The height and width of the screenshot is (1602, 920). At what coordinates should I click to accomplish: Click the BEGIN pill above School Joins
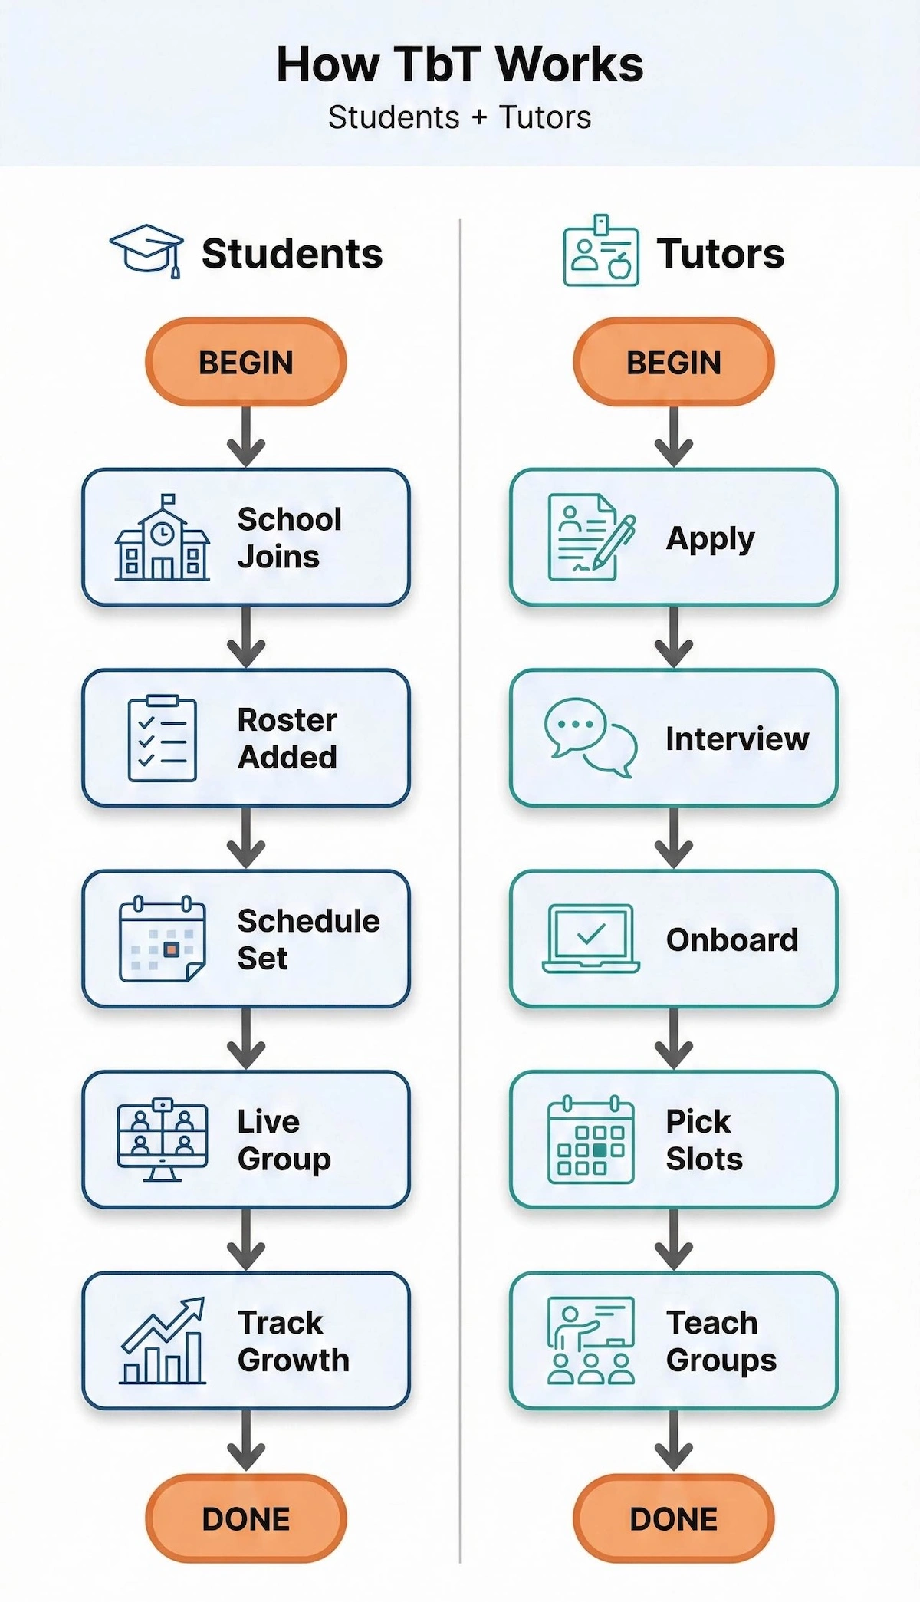point(246,362)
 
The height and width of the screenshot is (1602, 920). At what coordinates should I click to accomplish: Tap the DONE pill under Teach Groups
point(674,1518)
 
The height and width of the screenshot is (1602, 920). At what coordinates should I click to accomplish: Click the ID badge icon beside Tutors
point(601,252)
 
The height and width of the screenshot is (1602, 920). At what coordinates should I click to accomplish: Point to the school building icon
point(162,538)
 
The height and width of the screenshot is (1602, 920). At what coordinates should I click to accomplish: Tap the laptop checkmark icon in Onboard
point(590,939)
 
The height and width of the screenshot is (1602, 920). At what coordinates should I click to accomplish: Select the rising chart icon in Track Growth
point(163,1340)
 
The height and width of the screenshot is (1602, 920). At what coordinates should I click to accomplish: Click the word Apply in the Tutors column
point(710,539)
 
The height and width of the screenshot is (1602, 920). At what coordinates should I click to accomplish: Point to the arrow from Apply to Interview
point(674,637)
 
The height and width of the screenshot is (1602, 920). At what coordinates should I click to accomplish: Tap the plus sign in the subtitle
point(479,118)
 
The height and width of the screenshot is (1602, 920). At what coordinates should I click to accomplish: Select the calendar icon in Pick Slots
point(590,1140)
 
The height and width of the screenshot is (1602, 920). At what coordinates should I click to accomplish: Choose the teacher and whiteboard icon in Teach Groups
point(590,1340)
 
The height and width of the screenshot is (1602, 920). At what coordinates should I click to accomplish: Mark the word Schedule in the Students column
point(308,921)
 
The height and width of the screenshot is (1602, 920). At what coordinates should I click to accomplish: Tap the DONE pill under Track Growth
point(246,1518)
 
